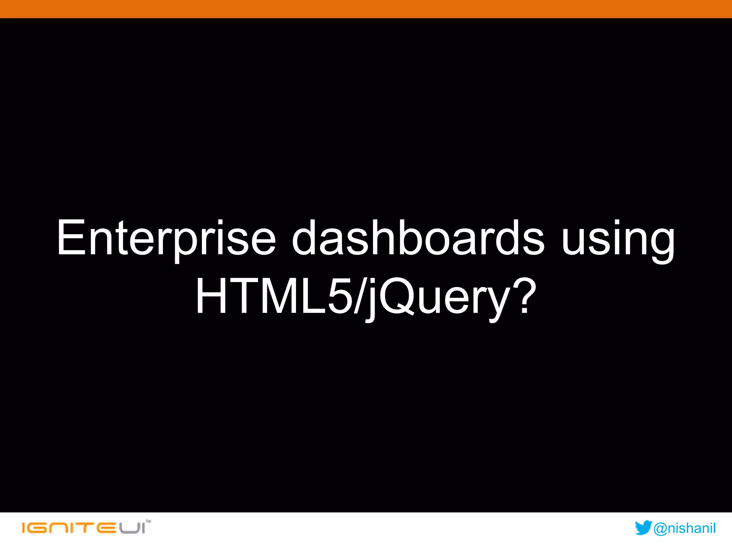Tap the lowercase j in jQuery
coord(372,300)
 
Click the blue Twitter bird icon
coord(643,528)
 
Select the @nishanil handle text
coord(684,528)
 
